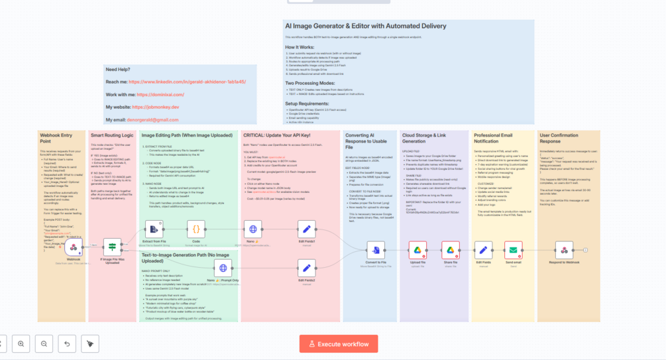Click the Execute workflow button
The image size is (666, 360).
(339, 343)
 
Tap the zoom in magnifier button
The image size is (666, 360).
(21, 343)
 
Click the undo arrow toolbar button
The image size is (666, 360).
(67, 343)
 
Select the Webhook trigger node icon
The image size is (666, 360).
(74, 248)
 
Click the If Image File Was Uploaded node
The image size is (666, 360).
(112, 247)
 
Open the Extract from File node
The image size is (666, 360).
(154, 229)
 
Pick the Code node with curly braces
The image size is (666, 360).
(196, 229)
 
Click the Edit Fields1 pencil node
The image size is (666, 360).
(306, 229)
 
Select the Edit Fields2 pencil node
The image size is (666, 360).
(306, 267)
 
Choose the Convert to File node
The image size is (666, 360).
(376, 250)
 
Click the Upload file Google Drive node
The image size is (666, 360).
(417, 250)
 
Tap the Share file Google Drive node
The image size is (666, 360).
(451, 250)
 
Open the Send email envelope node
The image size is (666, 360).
(513, 250)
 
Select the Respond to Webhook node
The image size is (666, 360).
(564, 250)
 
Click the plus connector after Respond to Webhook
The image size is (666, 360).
(586, 250)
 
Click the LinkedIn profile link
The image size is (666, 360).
(187, 82)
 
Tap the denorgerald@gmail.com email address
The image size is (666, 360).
(152, 120)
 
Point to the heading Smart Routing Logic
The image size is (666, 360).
(112, 135)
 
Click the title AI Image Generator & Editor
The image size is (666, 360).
(365, 26)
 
